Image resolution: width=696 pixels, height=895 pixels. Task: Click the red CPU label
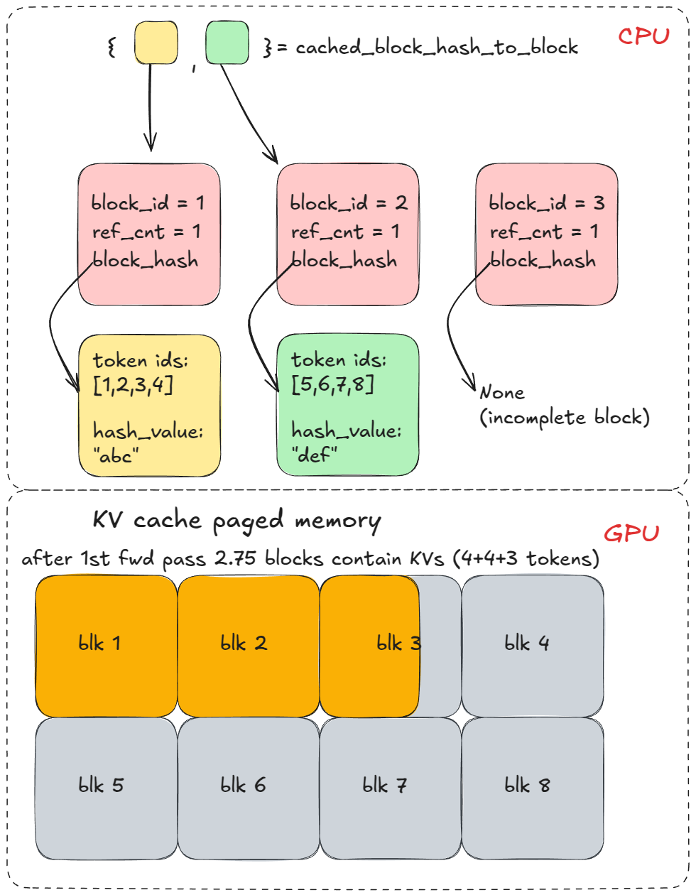(x=643, y=36)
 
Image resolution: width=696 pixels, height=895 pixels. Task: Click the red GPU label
(x=631, y=533)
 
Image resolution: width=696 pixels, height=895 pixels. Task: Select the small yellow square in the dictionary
(x=156, y=43)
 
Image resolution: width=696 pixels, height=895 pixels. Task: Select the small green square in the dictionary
(x=227, y=43)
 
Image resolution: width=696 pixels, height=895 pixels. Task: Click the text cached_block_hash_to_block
(x=437, y=48)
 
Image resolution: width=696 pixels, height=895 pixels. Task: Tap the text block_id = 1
(x=148, y=203)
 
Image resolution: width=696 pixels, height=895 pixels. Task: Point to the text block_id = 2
(x=348, y=203)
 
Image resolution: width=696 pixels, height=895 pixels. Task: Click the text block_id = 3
(x=546, y=203)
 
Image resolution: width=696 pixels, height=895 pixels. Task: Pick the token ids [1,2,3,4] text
(x=140, y=373)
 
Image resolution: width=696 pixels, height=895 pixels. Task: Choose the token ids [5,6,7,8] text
(x=339, y=372)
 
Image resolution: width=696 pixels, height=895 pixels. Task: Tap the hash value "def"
(x=314, y=454)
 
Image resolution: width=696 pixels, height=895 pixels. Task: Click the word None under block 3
(x=502, y=392)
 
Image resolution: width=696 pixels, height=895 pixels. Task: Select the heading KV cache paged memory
(x=236, y=521)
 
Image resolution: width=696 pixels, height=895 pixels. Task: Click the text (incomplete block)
(x=565, y=418)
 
